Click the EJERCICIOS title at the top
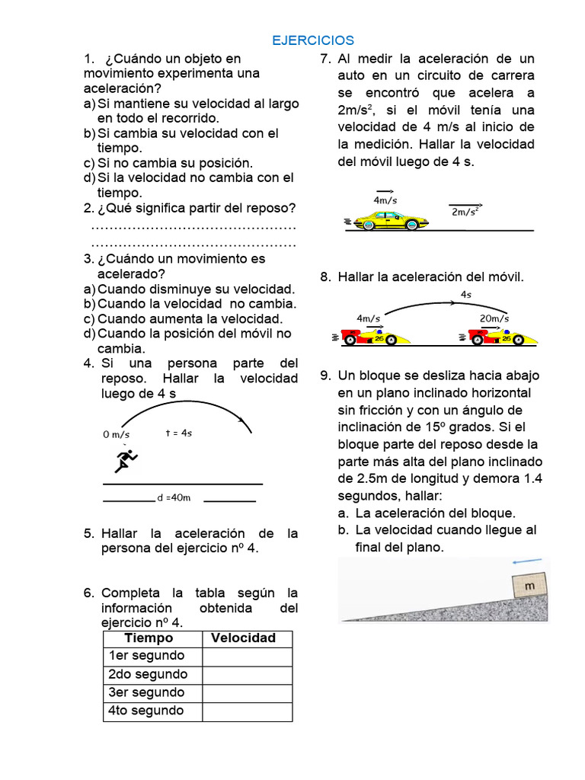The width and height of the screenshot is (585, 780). tap(313, 40)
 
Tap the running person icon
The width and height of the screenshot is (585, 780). tap(126, 460)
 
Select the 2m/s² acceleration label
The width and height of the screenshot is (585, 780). tap(465, 212)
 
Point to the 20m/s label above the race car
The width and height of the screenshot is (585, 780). tap(494, 318)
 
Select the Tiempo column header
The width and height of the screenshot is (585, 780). tap(149, 638)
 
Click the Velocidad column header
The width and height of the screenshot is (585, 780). tap(243, 638)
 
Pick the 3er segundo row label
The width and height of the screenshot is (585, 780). tap(146, 692)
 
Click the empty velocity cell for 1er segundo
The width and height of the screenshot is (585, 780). tap(247, 657)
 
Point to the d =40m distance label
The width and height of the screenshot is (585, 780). tap(173, 498)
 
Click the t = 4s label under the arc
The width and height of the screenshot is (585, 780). tap(179, 433)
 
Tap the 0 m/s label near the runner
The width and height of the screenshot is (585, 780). tap(116, 434)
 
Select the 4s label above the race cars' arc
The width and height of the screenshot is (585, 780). tap(465, 294)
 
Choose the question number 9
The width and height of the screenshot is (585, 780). tap(325, 376)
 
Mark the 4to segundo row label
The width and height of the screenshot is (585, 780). tap(146, 711)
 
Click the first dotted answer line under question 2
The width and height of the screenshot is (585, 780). tap(193, 228)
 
